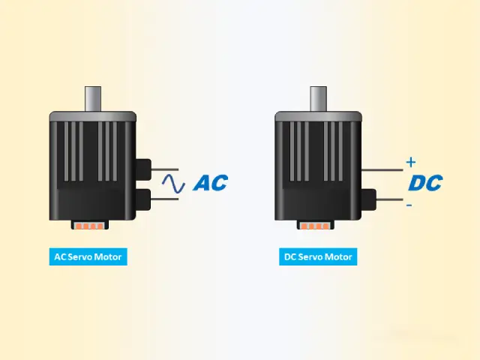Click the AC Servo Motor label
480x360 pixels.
[x=88, y=256]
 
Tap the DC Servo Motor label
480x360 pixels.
[x=318, y=256]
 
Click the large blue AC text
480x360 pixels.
[x=211, y=183]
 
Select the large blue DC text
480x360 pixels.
[x=425, y=183]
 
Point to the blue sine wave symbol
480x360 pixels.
[x=173, y=183]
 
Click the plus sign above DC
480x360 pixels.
[x=411, y=162]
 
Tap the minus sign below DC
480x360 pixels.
[x=409, y=205]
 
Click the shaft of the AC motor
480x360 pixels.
[x=93, y=99]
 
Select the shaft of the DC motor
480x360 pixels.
[x=318, y=99]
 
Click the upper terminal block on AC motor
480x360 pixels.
[x=143, y=169]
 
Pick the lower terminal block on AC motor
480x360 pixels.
[x=143, y=199]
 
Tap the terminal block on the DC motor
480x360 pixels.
[x=368, y=199]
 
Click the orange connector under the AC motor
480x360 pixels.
[x=90, y=226]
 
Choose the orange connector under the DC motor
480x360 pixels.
[x=315, y=226]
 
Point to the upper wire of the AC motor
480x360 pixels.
[x=165, y=169]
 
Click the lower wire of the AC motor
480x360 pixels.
[x=165, y=199]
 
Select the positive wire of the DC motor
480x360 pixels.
[x=382, y=169]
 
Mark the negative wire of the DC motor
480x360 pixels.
[x=390, y=199]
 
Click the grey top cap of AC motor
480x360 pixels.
[x=93, y=116]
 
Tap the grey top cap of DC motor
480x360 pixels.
[x=318, y=116]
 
